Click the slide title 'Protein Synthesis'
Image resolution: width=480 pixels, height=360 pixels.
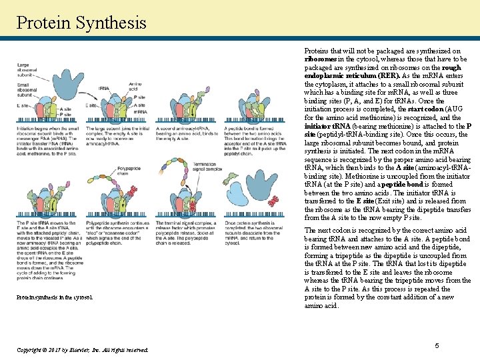[81, 23]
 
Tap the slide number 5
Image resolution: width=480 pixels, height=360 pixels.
[437, 345]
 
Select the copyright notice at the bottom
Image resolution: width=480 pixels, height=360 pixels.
[82, 349]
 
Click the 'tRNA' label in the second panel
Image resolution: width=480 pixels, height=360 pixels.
[103, 89]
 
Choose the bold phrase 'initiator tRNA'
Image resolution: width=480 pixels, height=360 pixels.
[327, 126]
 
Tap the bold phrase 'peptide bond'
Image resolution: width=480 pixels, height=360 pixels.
[386, 184]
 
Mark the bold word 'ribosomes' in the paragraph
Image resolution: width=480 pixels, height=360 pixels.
[321, 59]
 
